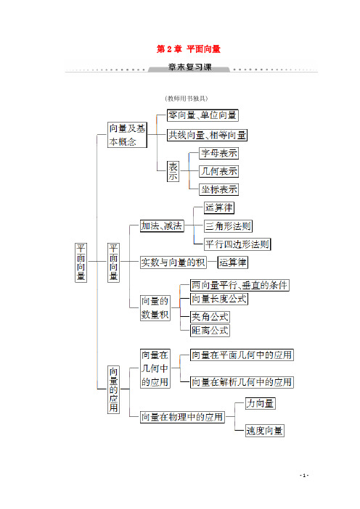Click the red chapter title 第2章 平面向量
189,49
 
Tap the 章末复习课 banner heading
189,67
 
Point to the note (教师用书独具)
187,99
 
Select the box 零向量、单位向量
202,115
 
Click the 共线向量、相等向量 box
207,135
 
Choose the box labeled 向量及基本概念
127,135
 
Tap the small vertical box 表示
173,171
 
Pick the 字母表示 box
218,153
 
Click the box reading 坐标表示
218,189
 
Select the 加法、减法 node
162,226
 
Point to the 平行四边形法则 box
237,244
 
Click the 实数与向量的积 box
173,262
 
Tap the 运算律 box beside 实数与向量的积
233,262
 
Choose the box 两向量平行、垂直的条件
240,286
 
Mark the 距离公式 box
210,331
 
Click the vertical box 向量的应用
113,389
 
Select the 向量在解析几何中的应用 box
242,382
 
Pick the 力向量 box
260,403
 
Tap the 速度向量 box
264,431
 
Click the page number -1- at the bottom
304,475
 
